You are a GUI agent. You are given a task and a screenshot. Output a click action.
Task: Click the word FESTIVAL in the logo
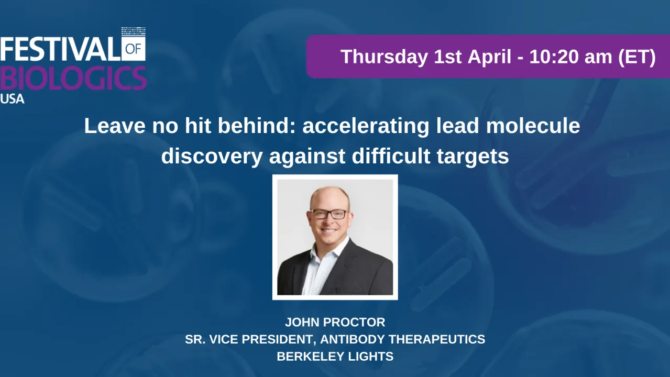[x=60, y=50]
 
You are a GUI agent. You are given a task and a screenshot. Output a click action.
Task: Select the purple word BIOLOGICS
[x=73, y=79]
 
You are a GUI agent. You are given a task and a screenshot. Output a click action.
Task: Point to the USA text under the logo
[x=12, y=98]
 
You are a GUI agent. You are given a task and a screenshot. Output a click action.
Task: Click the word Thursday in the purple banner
[x=384, y=57]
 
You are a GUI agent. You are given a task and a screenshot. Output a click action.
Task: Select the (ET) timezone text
[x=636, y=57]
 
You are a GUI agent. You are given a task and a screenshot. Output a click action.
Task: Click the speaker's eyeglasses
[x=329, y=214]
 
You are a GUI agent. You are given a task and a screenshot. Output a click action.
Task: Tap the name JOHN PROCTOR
[x=335, y=322]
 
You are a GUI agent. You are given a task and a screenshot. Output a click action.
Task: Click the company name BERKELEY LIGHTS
[x=335, y=357]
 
